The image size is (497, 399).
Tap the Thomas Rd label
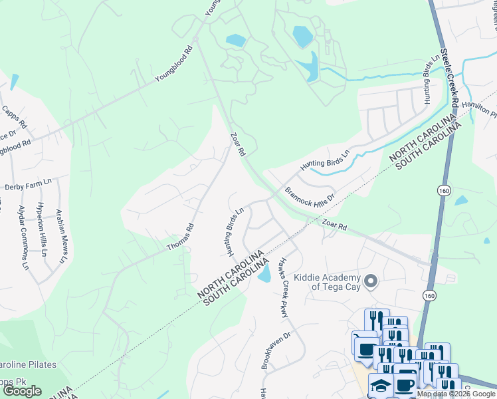(x=180, y=237)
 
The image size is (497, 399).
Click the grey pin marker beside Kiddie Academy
(x=371, y=282)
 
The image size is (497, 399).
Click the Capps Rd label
(x=14, y=117)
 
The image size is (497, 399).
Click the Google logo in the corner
(x=22, y=391)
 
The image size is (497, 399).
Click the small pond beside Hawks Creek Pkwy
(x=264, y=273)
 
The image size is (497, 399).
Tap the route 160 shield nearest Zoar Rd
(x=444, y=191)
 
